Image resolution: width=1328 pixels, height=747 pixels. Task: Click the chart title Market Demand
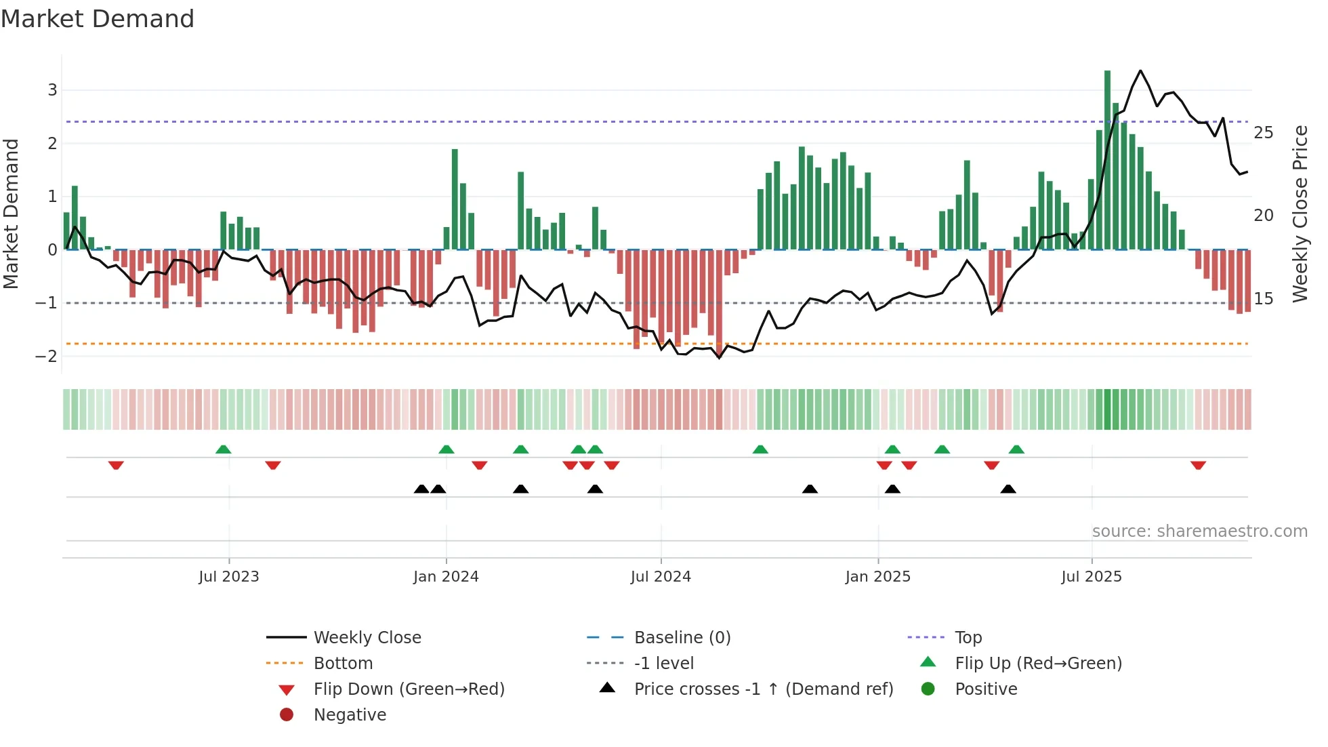pos(98,19)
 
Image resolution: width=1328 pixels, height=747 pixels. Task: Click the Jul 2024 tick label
pos(661,577)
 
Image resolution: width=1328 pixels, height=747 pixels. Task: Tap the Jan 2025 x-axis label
pos(878,577)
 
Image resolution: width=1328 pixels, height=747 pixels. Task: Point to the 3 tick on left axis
pos(52,90)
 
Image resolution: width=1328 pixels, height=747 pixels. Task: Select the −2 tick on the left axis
pos(47,357)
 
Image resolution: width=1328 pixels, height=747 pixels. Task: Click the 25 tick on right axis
pos(1263,133)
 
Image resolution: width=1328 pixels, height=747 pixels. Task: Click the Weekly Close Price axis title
pos(1300,214)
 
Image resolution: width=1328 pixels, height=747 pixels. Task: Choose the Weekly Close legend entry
pos(367,638)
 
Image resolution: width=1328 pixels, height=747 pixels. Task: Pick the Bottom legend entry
pos(343,664)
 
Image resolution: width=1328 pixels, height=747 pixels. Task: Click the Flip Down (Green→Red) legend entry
pos(409,689)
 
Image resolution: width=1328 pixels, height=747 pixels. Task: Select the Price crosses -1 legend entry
pos(763,689)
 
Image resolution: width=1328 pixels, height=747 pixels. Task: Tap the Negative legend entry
pos(350,715)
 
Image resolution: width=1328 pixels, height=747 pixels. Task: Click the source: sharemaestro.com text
pos(1199,531)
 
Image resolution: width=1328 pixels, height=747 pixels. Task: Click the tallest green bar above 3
pos(1107,160)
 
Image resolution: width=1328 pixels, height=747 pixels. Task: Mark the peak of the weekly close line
pos(1140,70)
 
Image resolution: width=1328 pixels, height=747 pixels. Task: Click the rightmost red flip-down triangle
pos(1198,465)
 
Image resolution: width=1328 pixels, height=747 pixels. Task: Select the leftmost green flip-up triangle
pos(223,449)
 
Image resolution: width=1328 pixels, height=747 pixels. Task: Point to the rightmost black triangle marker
pos(1008,489)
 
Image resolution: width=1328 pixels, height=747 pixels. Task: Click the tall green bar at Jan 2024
pos(455,199)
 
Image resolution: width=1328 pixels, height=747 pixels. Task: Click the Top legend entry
pos(968,638)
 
